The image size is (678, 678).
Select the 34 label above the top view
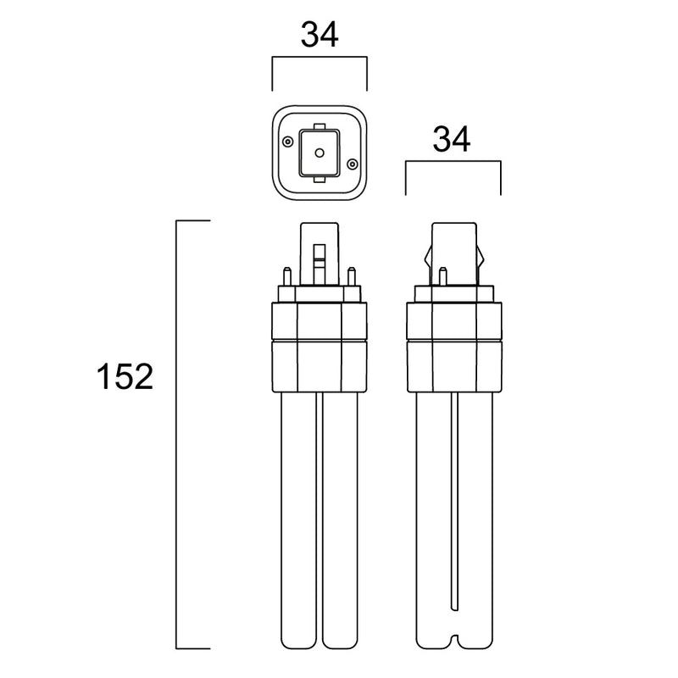coord(320,35)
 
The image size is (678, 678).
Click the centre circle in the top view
coord(320,153)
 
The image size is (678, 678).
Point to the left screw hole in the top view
coord(289,141)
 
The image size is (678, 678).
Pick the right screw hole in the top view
coord(351,164)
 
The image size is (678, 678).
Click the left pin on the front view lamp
coord(286,276)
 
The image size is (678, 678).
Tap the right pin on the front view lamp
coord(354,276)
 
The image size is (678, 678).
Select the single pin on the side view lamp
coord(442,275)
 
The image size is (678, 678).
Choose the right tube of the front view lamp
coord(342,525)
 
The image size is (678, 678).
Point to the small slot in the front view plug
coord(320,258)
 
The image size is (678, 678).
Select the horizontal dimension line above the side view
coord(453,164)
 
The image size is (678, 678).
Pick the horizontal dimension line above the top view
coord(320,58)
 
